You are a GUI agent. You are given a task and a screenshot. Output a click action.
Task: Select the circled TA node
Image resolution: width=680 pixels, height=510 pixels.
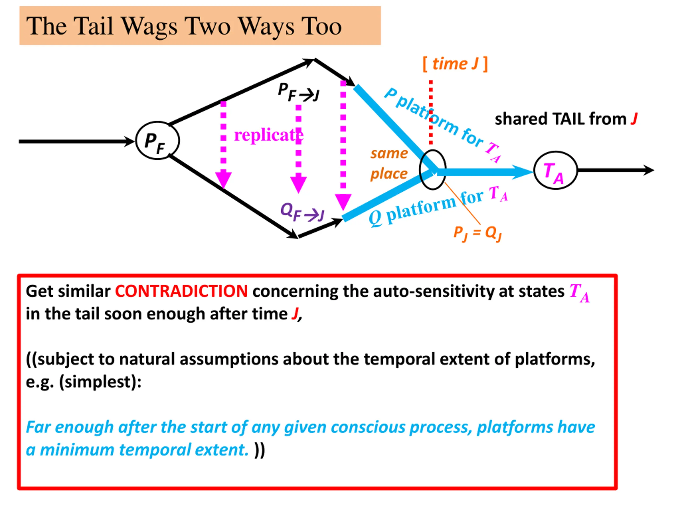[x=555, y=170]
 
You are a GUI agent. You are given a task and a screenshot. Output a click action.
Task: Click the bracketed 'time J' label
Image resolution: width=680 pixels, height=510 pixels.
[x=455, y=64]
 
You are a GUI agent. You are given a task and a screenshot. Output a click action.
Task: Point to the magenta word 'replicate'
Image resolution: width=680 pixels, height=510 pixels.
[x=268, y=135]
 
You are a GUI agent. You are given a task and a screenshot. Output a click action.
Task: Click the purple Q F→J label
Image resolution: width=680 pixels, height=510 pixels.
[x=303, y=212]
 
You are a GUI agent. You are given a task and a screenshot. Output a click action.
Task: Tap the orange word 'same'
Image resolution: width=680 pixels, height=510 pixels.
[x=389, y=153]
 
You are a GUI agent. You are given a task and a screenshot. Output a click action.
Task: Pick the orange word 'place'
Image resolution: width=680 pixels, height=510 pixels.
[x=389, y=174]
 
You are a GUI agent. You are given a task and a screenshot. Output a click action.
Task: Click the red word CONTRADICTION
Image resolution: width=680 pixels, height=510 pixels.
[x=181, y=291]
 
